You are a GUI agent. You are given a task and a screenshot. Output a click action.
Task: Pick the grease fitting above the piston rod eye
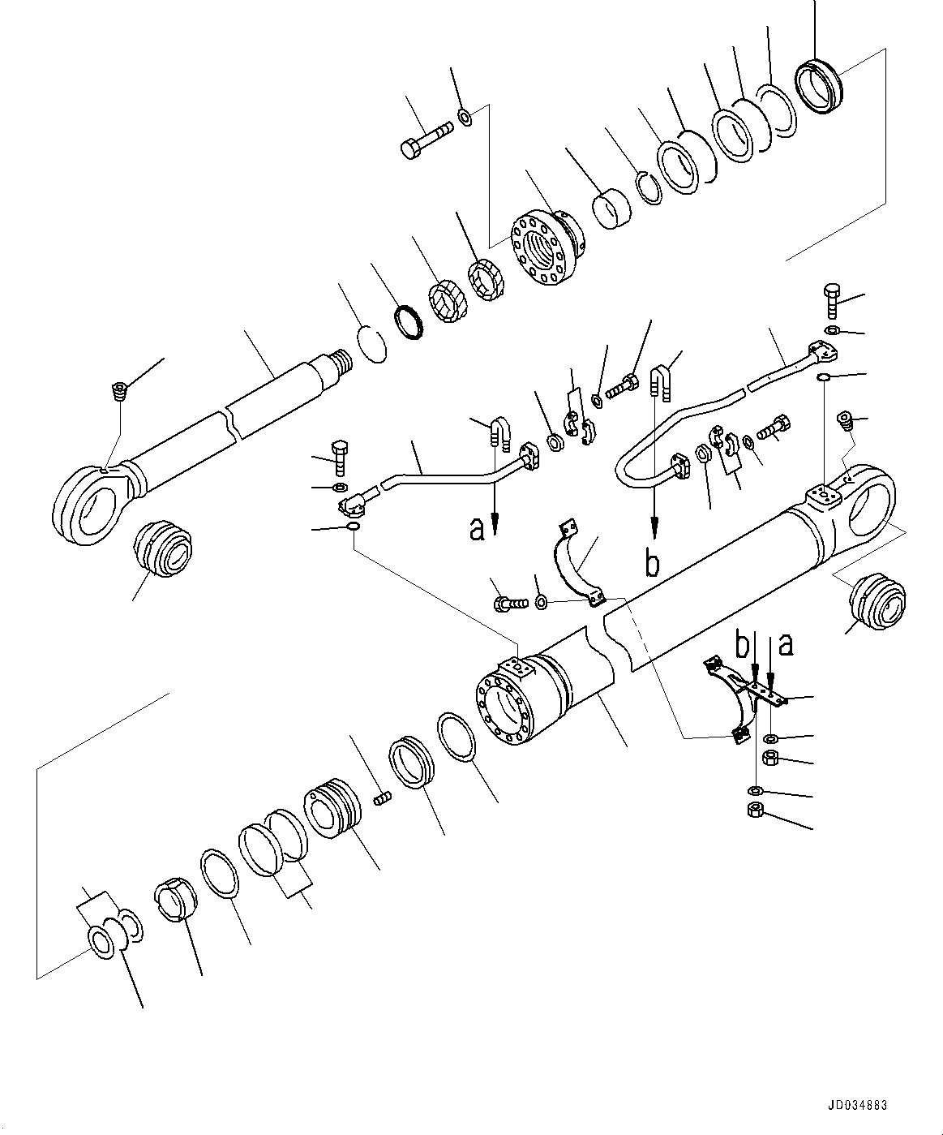pyautogui.click(x=118, y=391)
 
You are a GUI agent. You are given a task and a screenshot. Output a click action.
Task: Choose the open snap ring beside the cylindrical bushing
pyautogui.click(x=646, y=187)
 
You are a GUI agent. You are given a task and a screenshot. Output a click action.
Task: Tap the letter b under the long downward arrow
pyautogui.click(x=653, y=562)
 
